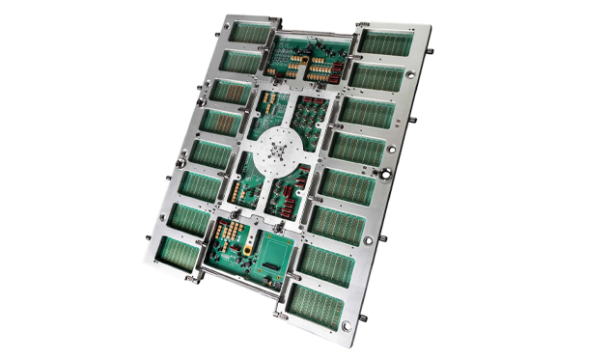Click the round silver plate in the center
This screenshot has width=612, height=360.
280,153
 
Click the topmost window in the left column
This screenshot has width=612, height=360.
238,34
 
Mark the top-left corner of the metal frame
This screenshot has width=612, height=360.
225,16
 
